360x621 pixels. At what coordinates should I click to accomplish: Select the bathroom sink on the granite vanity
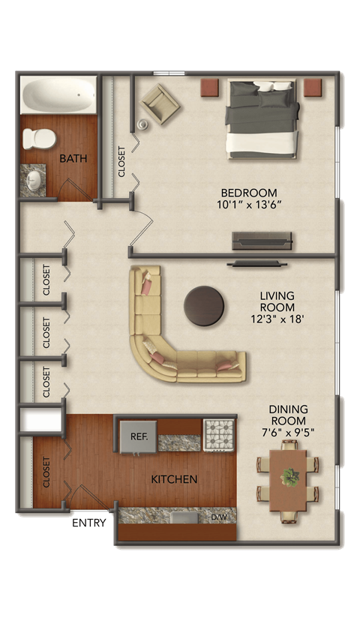click(x=34, y=179)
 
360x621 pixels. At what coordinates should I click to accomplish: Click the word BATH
click(x=73, y=158)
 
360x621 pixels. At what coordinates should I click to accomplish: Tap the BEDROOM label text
click(x=248, y=192)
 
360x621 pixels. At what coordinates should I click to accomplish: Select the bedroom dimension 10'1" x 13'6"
click(x=248, y=205)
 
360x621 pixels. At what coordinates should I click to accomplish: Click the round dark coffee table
click(x=205, y=306)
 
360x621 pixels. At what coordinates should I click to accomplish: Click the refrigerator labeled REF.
click(x=138, y=436)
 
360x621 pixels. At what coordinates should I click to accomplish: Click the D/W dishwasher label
click(x=220, y=517)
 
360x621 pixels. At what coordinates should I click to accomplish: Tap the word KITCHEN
click(x=174, y=479)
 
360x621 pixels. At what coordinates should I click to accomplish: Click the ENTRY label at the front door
click(x=91, y=522)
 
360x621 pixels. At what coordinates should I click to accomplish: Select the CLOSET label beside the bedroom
click(x=122, y=161)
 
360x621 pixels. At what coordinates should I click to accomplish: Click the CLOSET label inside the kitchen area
click(x=46, y=472)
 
